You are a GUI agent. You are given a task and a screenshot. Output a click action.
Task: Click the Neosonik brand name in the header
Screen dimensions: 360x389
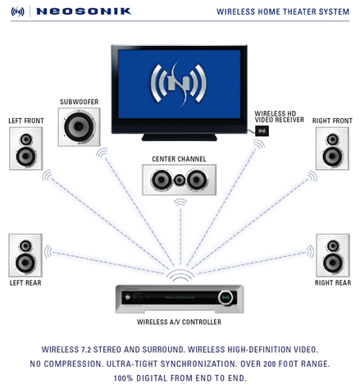click(x=84, y=11)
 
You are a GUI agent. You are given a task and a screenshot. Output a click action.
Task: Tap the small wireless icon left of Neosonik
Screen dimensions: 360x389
click(x=17, y=11)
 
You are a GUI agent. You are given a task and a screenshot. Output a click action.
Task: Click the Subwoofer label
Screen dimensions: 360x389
click(x=80, y=102)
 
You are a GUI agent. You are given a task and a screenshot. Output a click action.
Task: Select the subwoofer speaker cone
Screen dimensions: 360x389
click(x=79, y=126)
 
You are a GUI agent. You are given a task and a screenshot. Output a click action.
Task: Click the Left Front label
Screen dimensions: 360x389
click(x=26, y=121)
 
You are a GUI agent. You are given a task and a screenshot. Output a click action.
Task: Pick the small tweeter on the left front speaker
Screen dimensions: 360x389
click(x=26, y=140)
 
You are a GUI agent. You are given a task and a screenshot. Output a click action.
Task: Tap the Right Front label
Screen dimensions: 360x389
click(x=332, y=121)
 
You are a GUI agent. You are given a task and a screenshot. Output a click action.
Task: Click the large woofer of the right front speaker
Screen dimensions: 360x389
click(x=332, y=157)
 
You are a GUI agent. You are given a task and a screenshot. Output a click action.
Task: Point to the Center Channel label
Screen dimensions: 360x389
click(x=179, y=159)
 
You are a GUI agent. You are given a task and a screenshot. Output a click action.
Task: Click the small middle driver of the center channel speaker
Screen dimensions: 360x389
click(x=180, y=180)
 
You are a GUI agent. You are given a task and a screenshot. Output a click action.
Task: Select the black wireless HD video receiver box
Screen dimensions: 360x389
click(x=262, y=130)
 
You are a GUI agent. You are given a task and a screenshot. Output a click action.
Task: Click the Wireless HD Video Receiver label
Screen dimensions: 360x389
click(x=279, y=117)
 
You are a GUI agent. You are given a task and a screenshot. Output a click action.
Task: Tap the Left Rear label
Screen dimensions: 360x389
click(x=25, y=282)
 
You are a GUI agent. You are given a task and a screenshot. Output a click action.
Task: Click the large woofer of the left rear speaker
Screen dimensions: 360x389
click(x=25, y=263)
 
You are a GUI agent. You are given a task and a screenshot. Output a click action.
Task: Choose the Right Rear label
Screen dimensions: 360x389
click(x=333, y=282)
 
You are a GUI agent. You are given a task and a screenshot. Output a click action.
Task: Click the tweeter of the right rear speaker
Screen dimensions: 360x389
click(x=333, y=245)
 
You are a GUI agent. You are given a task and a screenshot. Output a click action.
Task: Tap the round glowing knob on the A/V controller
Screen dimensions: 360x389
click(x=226, y=297)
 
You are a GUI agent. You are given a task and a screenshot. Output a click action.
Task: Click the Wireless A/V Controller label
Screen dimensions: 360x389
click(x=179, y=322)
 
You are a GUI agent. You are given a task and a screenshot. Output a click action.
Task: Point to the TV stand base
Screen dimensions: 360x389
click(x=180, y=137)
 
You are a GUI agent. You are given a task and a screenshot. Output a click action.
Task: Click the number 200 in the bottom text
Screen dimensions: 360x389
click(x=270, y=364)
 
